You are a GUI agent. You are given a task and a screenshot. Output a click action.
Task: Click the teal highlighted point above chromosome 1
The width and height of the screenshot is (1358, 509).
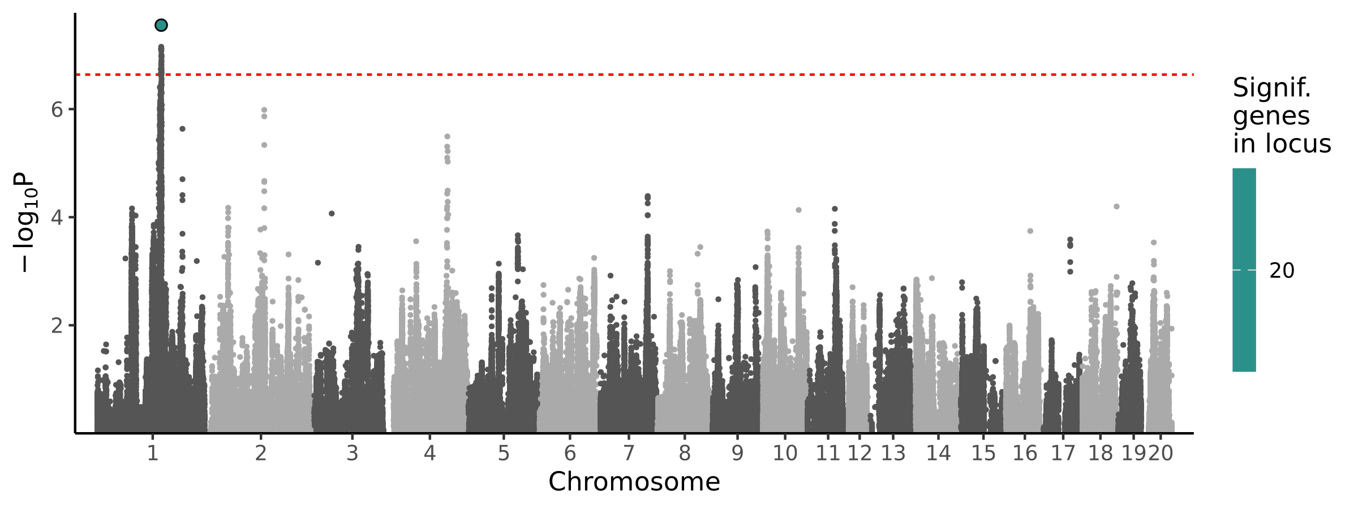coord(161,25)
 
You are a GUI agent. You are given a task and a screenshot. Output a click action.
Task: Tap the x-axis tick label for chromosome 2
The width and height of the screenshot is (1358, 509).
coord(260,454)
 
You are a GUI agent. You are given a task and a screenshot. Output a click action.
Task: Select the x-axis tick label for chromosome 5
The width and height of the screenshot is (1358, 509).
coord(503,454)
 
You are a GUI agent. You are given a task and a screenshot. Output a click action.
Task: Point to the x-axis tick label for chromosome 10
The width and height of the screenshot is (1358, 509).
coord(785,454)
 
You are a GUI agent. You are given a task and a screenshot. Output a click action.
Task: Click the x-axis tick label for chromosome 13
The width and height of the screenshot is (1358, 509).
coord(893,454)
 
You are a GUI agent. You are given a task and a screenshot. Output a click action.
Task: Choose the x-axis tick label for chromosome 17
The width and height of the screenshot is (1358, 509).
coord(1063,454)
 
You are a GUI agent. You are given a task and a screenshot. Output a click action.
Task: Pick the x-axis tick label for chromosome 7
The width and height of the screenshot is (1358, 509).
coord(628,454)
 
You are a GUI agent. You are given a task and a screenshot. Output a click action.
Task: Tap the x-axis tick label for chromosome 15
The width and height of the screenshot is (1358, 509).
coord(983,454)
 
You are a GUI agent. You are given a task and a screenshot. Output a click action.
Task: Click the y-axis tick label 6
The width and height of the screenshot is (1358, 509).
coord(57,110)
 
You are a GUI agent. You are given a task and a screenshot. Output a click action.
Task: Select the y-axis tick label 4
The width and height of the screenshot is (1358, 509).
coord(57,218)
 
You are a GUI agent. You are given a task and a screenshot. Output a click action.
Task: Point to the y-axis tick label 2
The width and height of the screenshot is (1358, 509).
coord(57,326)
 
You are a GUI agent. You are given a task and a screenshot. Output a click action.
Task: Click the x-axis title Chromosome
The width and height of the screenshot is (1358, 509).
coord(634,482)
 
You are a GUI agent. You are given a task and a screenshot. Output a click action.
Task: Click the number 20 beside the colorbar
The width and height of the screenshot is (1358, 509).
coord(1282,271)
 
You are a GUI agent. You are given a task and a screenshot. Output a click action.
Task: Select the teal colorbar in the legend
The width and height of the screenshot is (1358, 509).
coord(1244,270)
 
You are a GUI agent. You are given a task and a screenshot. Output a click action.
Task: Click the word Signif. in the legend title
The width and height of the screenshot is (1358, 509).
coord(1271,88)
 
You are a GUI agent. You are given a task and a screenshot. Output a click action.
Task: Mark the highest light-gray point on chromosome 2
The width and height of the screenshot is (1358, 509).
coord(264,110)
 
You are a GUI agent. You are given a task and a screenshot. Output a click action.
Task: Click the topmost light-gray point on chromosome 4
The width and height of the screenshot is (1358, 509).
coord(447,137)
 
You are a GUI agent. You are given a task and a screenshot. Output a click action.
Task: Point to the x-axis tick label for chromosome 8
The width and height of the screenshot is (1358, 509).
coord(685,454)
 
